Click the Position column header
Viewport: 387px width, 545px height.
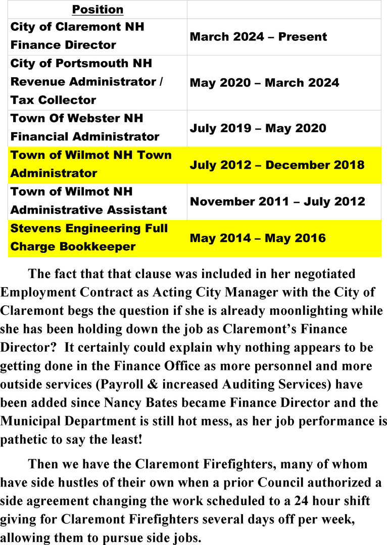(x=98, y=10)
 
